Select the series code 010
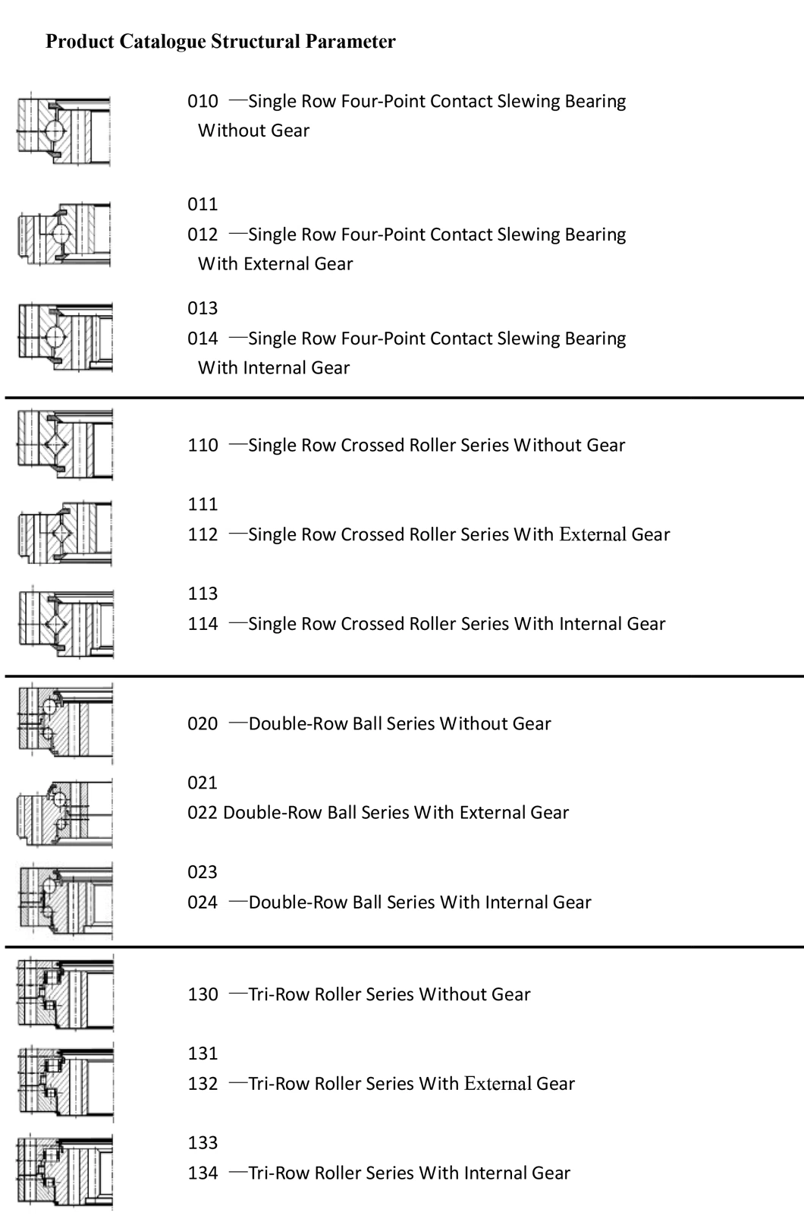pos(203,101)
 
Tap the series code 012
pos(203,235)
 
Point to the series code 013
pos(203,308)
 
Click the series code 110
pos(203,445)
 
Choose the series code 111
pos(203,504)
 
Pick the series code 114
pos(203,624)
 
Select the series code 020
pos(203,723)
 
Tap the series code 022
pos(203,813)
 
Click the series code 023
pos(203,872)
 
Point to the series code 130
pos(203,994)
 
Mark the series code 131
pos(203,1054)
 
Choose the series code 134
pos(203,1173)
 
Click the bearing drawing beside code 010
pos(64,130)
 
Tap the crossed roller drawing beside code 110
pos(64,445)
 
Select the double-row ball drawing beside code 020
pos(64,723)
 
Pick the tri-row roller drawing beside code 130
pos(64,994)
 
